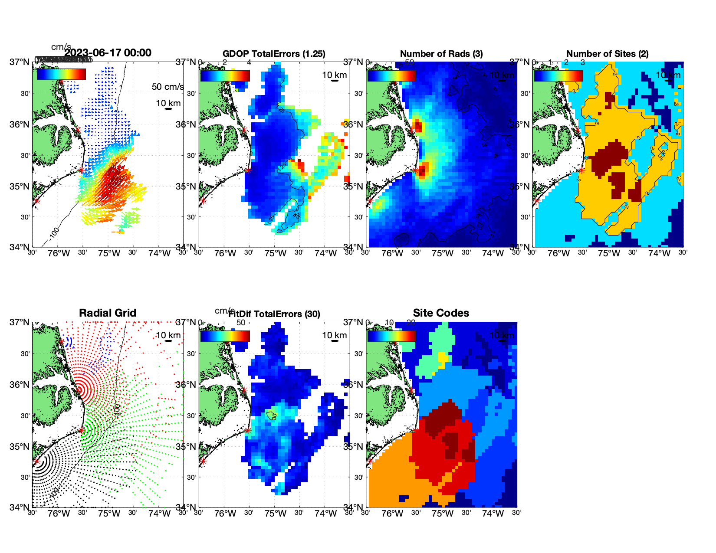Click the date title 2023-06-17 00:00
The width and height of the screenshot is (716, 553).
[x=108, y=53]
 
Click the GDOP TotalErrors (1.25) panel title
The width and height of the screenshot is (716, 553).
[x=274, y=54]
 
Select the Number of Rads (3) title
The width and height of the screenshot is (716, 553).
[x=441, y=54]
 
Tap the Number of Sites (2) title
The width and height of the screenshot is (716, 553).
[x=607, y=54]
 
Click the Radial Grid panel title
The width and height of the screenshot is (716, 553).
[x=108, y=313]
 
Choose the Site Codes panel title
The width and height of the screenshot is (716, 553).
[x=441, y=313]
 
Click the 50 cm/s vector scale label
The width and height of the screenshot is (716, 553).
[x=168, y=87]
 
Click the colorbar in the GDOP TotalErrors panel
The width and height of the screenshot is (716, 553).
[x=225, y=76]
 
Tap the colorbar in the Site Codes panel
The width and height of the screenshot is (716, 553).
[x=391, y=336]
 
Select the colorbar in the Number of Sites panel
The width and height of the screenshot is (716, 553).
[x=558, y=76]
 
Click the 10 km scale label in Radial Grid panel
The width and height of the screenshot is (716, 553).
[x=168, y=335]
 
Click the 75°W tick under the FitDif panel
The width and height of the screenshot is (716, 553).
[x=276, y=514]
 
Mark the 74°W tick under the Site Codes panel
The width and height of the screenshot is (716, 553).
[x=493, y=514]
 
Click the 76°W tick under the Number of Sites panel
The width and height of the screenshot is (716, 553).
[x=558, y=254]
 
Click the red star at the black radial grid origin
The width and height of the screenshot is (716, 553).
[x=36, y=461]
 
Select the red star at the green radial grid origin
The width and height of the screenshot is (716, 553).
[x=81, y=430]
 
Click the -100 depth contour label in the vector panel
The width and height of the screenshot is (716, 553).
[x=54, y=233]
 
